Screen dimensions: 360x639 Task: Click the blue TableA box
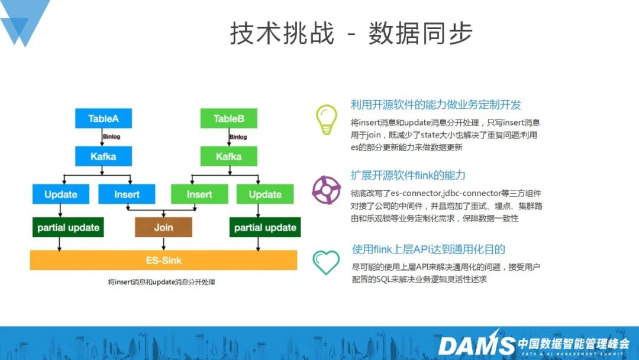[103, 118]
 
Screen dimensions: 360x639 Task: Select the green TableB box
[228, 118]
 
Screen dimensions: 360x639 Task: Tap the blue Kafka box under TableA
[103, 156]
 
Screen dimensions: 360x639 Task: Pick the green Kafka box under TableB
[228, 156]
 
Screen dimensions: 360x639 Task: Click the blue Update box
[61, 194]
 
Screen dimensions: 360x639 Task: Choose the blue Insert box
[127, 194]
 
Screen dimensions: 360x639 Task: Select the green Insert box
[199, 194]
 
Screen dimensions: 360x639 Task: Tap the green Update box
[265, 194]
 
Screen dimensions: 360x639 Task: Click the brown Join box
[163, 227]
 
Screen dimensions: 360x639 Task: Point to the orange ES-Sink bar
[163, 259]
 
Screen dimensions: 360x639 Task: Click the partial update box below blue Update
[68, 227]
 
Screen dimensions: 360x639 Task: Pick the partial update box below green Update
[265, 227]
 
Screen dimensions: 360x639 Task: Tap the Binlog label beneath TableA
[111, 137]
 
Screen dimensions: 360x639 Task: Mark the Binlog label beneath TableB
[238, 137]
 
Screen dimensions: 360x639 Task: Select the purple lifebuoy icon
[327, 189]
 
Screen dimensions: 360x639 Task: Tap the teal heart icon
[326, 262]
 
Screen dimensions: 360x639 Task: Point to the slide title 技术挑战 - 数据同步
[351, 33]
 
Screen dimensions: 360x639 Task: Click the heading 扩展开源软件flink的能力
[408, 175]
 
